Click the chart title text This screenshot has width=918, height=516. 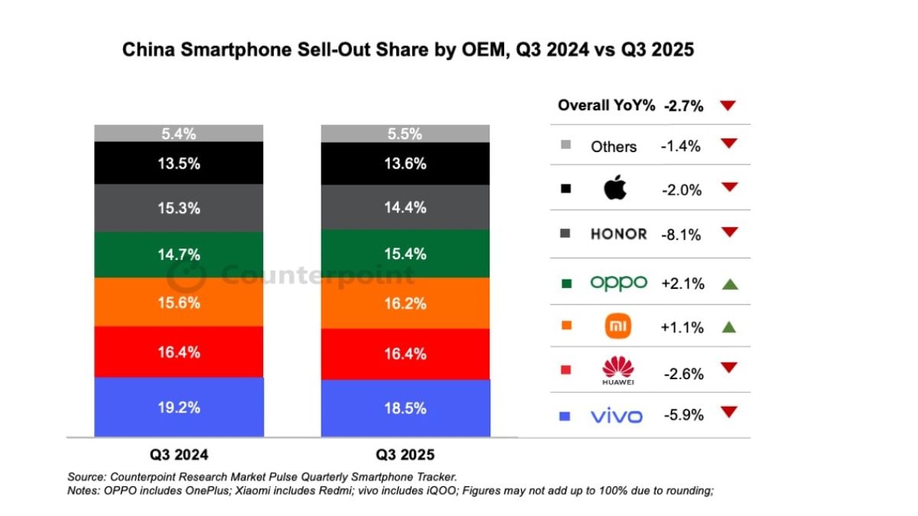point(408,50)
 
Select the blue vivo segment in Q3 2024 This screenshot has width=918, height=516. point(179,407)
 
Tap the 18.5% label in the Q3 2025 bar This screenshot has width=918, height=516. point(405,408)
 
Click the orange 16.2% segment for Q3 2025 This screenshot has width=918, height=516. point(405,303)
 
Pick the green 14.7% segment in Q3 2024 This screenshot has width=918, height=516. point(179,254)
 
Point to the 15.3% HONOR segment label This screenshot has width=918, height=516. point(179,208)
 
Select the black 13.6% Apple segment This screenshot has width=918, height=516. point(405,163)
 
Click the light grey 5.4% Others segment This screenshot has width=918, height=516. point(179,134)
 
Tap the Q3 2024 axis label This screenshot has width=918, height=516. point(179,454)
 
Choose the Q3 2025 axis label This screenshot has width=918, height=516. point(405,455)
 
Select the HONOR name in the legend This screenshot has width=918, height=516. point(618,235)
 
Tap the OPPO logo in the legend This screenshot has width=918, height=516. point(618,283)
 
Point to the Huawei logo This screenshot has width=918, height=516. point(618,371)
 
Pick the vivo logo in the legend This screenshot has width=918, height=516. point(617,417)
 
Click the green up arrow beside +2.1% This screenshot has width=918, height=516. point(729,284)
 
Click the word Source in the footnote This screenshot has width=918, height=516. point(86,476)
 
